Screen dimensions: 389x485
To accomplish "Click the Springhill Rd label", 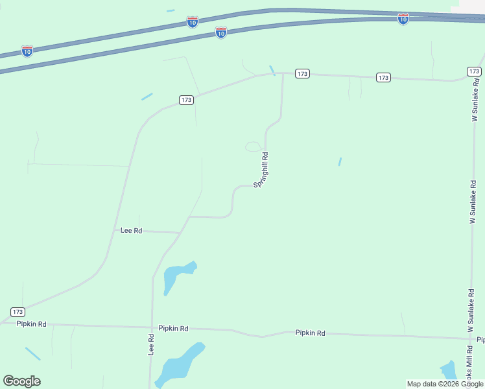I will [261, 170].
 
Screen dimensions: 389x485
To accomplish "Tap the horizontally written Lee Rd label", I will [131, 230].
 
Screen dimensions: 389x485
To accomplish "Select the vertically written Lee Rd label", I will [151, 344].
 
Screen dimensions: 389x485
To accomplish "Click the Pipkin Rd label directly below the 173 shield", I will [32, 324].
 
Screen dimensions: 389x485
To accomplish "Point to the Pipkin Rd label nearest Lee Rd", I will [175, 329].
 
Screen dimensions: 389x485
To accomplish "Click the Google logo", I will [21, 381].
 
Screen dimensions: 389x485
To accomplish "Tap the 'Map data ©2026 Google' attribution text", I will [445, 384].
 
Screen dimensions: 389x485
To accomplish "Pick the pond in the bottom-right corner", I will [447, 371].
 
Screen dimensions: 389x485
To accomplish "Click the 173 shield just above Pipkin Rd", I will [18, 312].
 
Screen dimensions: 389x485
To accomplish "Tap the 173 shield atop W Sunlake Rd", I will [473, 71].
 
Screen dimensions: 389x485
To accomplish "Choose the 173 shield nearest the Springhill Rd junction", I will [302, 73].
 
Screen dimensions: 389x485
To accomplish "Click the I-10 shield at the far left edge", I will [27, 51].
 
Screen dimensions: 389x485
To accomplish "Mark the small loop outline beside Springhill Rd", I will [253, 147].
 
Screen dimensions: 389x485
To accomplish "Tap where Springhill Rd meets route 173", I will [283, 73].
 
